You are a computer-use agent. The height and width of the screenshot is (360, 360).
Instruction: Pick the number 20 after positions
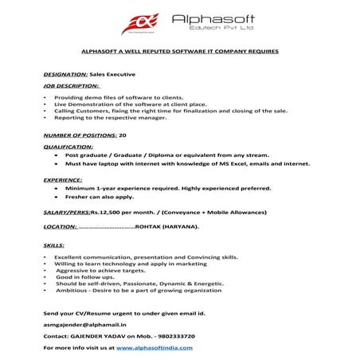coord(123,136)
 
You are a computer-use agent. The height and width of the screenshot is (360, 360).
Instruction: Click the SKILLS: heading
coord(53,246)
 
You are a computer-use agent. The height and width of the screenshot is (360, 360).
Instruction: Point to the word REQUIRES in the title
coord(263,52)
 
